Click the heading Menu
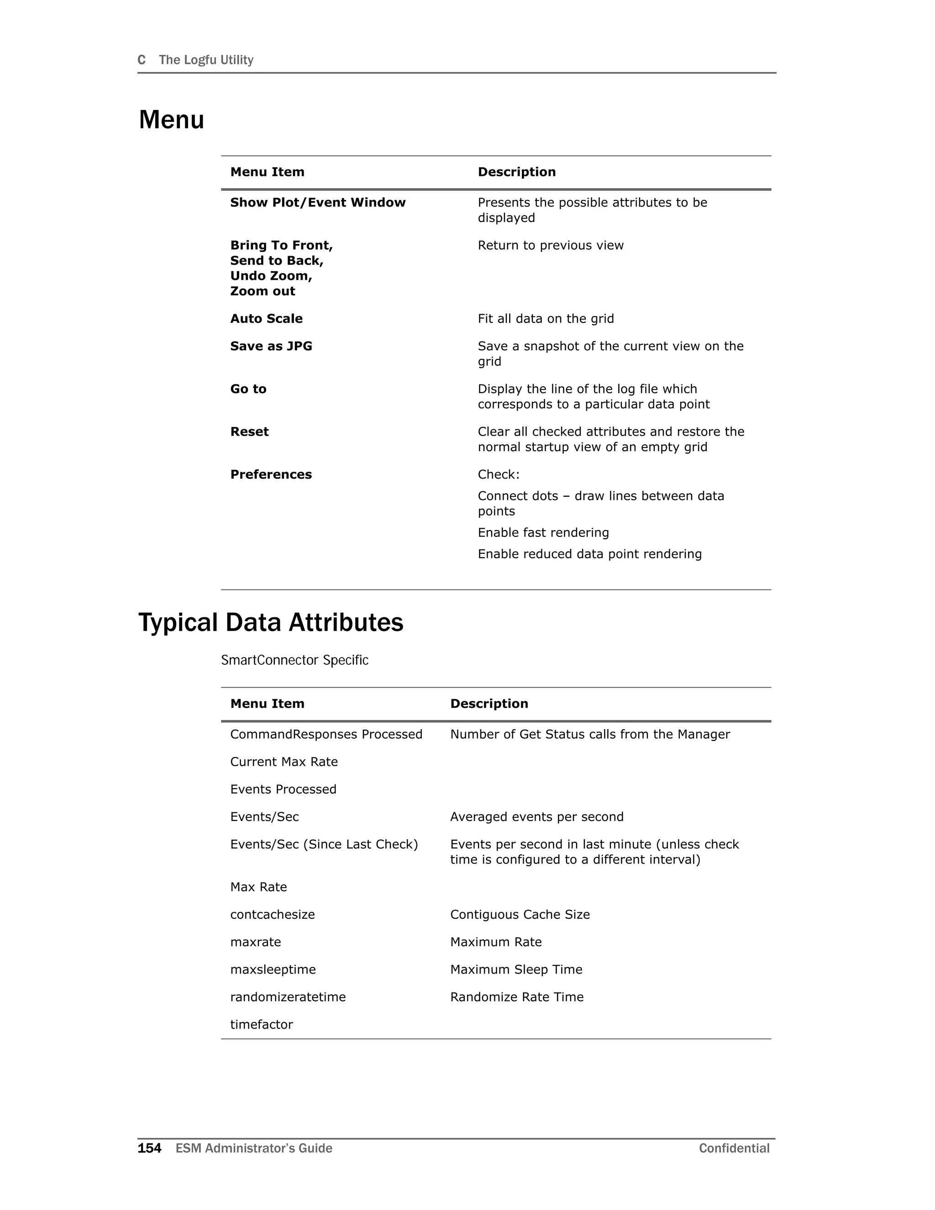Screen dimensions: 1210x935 pyautogui.click(x=171, y=120)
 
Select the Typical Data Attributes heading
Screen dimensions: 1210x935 pyautogui.click(x=270, y=622)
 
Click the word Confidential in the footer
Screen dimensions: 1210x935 pyautogui.click(x=734, y=1148)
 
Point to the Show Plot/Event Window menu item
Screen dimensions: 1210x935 pyautogui.click(x=317, y=203)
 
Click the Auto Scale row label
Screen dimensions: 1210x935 pyautogui.click(x=267, y=319)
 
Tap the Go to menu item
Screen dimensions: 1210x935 pyautogui.click(x=248, y=389)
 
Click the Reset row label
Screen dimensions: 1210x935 pyautogui.click(x=249, y=431)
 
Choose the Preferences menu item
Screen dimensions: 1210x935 pyautogui.click(x=271, y=474)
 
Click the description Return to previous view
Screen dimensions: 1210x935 pyautogui.click(x=550, y=246)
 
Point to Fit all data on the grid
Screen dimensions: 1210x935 pyautogui.click(x=546, y=319)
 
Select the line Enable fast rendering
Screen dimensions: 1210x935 pyautogui.click(x=543, y=532)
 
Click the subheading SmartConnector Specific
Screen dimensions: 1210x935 pyautogui.click(x=294, y=660)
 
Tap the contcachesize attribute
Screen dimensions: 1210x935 pyautogui.click(x=272, y=915)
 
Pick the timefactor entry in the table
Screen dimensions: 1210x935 pyautogui.click(x=262, y=1025)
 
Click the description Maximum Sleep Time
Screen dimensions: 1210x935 pyautogui.click(x=516, y=969)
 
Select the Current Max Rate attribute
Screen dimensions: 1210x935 pyautogui.click(x=284, y=762)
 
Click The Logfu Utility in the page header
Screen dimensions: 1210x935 pyautogui.click(x=205, y=60)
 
